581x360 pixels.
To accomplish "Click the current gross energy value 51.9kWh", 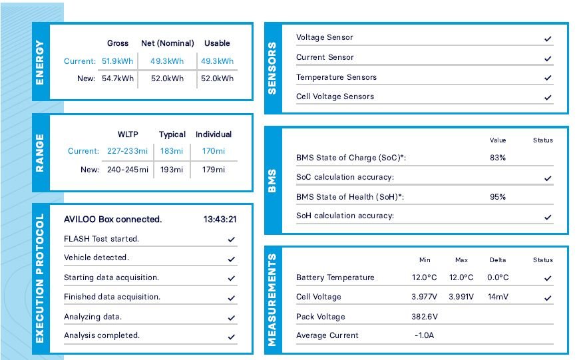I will pyautogui.click(x=118, y=61).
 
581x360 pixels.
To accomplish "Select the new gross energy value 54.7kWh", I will pyautogui.click(x=118, y=79).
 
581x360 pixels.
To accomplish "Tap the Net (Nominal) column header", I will pyautogui.click(x=168, y=43).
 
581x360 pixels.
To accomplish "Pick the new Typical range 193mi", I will pyautogui.click(x=172, y=170).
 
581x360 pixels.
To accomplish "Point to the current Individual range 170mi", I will pyautogui.click(x=214, y=152).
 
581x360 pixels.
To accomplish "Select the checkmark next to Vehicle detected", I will pyautogui.click(x=232, y=259).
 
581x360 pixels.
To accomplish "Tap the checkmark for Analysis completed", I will pyautogui.click(x=232, y=337).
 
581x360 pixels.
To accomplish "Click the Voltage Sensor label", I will pyautogui.click(x=325, y=38).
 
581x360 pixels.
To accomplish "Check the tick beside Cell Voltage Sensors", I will pyautogui.click(x=548, y=98).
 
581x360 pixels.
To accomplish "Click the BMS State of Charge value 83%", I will pyautogui.click(x=498, y=158).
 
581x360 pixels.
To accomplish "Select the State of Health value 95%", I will pyautogui.click(x=498, y=197).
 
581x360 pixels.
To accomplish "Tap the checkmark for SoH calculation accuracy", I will pyautogui.click(x=548, y=217).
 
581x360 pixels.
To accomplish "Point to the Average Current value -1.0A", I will pyautogui.click(x=424, y=336).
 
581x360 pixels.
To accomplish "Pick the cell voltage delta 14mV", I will pyautogui.click(x=498, y=297).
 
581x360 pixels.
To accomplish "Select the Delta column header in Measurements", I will pyautogui.click(x=497, y=260).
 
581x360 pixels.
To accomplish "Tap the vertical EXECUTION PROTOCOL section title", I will pyautogui.click(x=40, y=278).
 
